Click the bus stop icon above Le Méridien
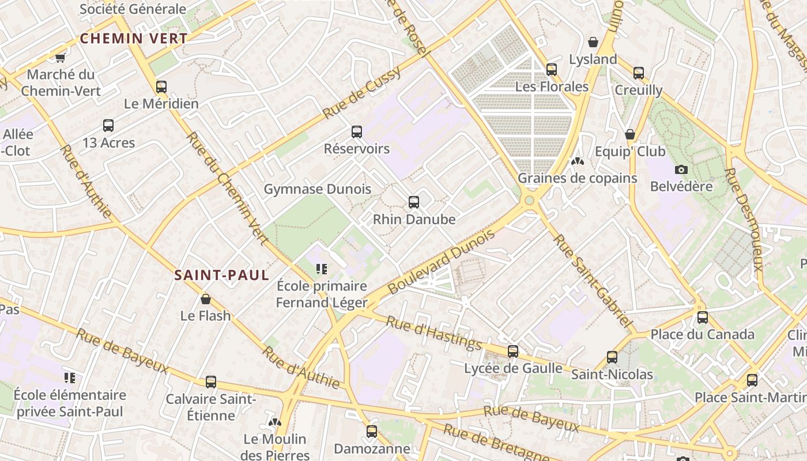click(x=161, y=87)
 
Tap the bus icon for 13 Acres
click(x=108, y=126)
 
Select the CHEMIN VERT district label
click(x=134, y=39)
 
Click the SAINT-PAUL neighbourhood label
click(x=222, y=275)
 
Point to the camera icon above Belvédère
click(x=681, y=169)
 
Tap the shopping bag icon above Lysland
click(x=593, y=42)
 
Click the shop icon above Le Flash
click(x=206, y=299)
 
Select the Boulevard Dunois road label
click(x=442, y=262)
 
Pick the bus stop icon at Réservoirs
click(x=357, y=132)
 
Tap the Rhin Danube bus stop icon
click(x=414, y=202)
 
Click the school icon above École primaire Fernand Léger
click(x=322, y=269)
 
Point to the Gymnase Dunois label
click(x=318, y=189)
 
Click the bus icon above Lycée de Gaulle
click(x=513, y=352)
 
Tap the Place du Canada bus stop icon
click(x=703, y=318)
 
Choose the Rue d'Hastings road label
click(x=433, y=333)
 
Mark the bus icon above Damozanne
click(x=372, y=431)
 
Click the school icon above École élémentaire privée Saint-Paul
click(x=70, y=378)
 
